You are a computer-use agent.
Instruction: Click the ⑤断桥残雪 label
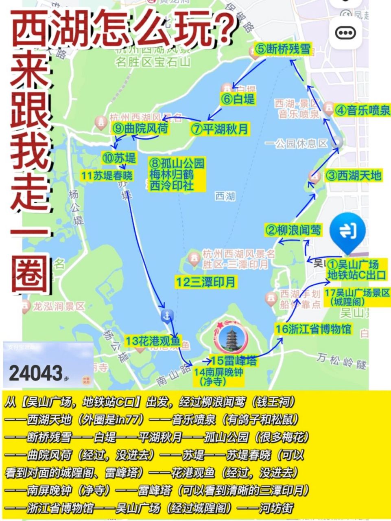tap(283, 50)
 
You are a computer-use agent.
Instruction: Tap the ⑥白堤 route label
tap(238, 99)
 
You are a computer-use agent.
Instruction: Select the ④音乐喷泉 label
tap(362, 110)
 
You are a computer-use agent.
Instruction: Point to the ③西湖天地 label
tap(354, 175)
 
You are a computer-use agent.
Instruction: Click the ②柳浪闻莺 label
tap(293, 230)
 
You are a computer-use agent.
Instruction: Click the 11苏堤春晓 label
tap(107, 176)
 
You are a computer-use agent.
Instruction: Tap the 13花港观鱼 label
tap(152, 341)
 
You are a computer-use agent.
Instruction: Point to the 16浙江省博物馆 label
tap(313, 329)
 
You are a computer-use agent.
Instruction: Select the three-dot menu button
tap(345, 33)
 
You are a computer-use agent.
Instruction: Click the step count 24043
tap(36, 373)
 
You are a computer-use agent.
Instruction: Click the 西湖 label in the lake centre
tap(225, 196)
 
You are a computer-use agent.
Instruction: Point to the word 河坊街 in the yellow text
tap(276, 508)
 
